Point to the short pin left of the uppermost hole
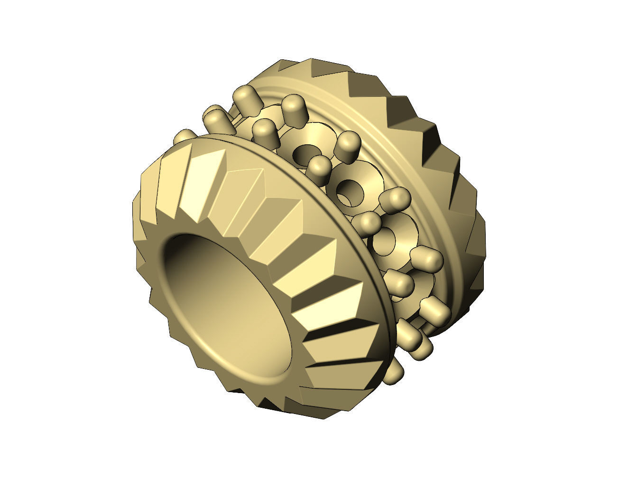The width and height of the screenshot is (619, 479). pos(266,131)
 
